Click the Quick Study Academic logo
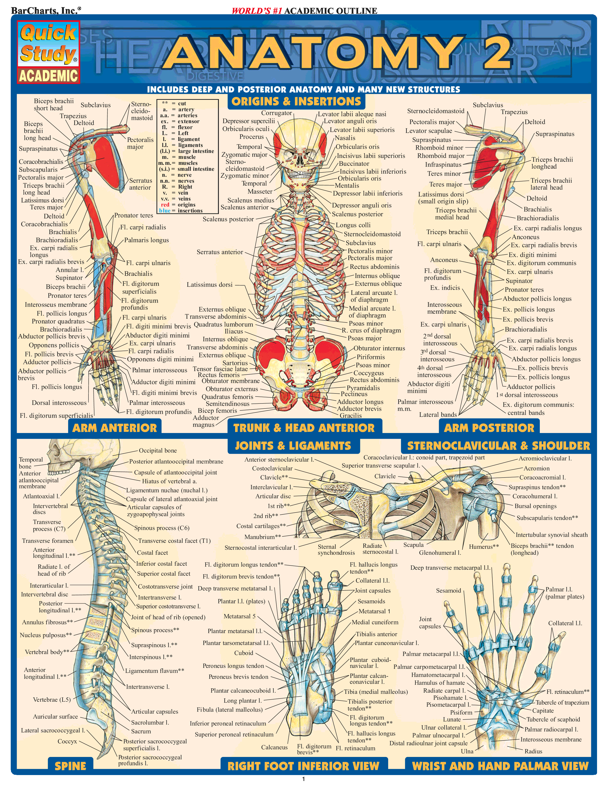pos(48,52)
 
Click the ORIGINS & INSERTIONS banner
pos(296,101)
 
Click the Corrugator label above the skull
pos(276,113)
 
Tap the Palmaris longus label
pos(146,240)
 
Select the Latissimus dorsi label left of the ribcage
pos(209,285)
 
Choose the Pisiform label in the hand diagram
pos(461,712)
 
